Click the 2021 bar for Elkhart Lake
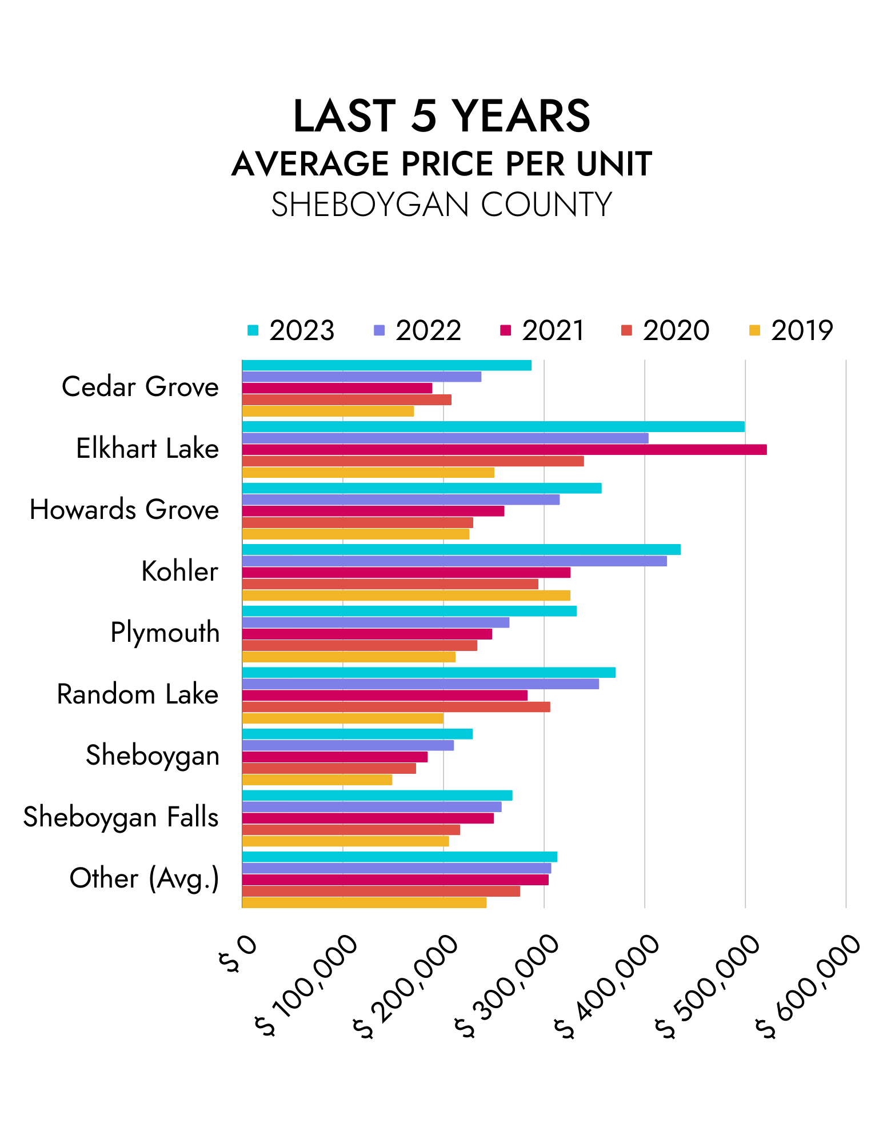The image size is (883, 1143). click(x=504, y=450)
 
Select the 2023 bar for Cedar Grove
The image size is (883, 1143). click(x=386, y=365)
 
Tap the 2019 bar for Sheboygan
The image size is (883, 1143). click(x=317, y=780)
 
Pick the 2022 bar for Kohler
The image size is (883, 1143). click(x=454, y=561)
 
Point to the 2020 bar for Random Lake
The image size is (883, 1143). click(x=396, y=707)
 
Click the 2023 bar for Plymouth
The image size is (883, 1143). click(x=409, y=611)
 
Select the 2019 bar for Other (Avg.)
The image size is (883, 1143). click(x=364, y=902)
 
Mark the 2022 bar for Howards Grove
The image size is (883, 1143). click(x=401, y=499)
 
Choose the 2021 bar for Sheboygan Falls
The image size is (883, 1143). click(x=367, y=818)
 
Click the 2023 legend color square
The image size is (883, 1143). click(x=253, y=330)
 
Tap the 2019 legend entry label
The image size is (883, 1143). click(x=801, y=330)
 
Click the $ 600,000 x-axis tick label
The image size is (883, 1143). click(x=808, y=986)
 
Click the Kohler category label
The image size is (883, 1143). click(x=179, y=571)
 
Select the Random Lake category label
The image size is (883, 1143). click(x=138, y=694)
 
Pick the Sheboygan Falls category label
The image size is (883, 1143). click(x=121, y=817)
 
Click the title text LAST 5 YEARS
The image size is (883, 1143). click(x=441, y=116)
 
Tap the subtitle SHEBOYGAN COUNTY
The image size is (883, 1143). click(x=441, y=205)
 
